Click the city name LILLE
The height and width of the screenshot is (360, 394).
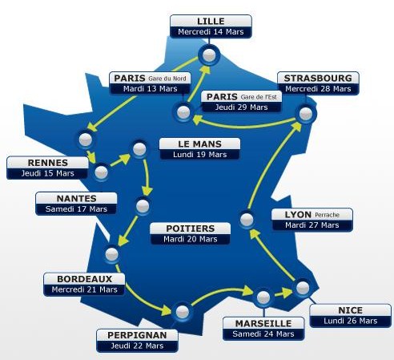tap(211, 21)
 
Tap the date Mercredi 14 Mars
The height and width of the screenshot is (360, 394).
tap(211, 32)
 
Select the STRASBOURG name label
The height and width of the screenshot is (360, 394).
tap(318, 78)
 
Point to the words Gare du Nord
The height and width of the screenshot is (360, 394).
tap(167, 79)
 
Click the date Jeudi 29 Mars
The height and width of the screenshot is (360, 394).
tap(241, 107)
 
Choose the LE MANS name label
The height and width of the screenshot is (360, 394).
tap(199, 144)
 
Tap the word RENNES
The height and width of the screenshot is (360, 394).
tap(48, 163)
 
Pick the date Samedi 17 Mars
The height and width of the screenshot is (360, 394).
tap(76, 208)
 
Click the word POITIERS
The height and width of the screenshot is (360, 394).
tap(191, 229)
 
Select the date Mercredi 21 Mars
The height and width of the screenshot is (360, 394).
tap(84, 289)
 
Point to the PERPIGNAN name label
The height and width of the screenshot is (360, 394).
tap(137, 335)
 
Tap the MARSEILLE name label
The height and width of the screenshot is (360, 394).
tap(263, 323)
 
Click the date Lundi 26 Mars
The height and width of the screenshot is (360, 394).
tap(351, 321)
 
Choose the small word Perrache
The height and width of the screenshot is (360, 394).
tap(327, 215)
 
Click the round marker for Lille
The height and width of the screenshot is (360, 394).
tap(209, 55)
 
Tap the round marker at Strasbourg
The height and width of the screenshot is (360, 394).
tap(306, 114)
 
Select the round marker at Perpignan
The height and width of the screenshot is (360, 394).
tap(183, 312)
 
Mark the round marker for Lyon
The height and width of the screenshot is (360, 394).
tap(247, 220)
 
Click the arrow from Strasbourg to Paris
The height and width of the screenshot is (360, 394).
tap(244, 126)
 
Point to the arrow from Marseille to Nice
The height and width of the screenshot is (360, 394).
tap(283, 293)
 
